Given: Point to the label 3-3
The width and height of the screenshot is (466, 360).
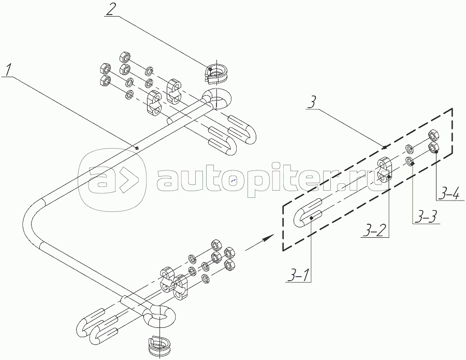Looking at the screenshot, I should (x=423, y=217).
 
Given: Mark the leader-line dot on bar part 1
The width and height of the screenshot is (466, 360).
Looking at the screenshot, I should (x=137, y=148).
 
